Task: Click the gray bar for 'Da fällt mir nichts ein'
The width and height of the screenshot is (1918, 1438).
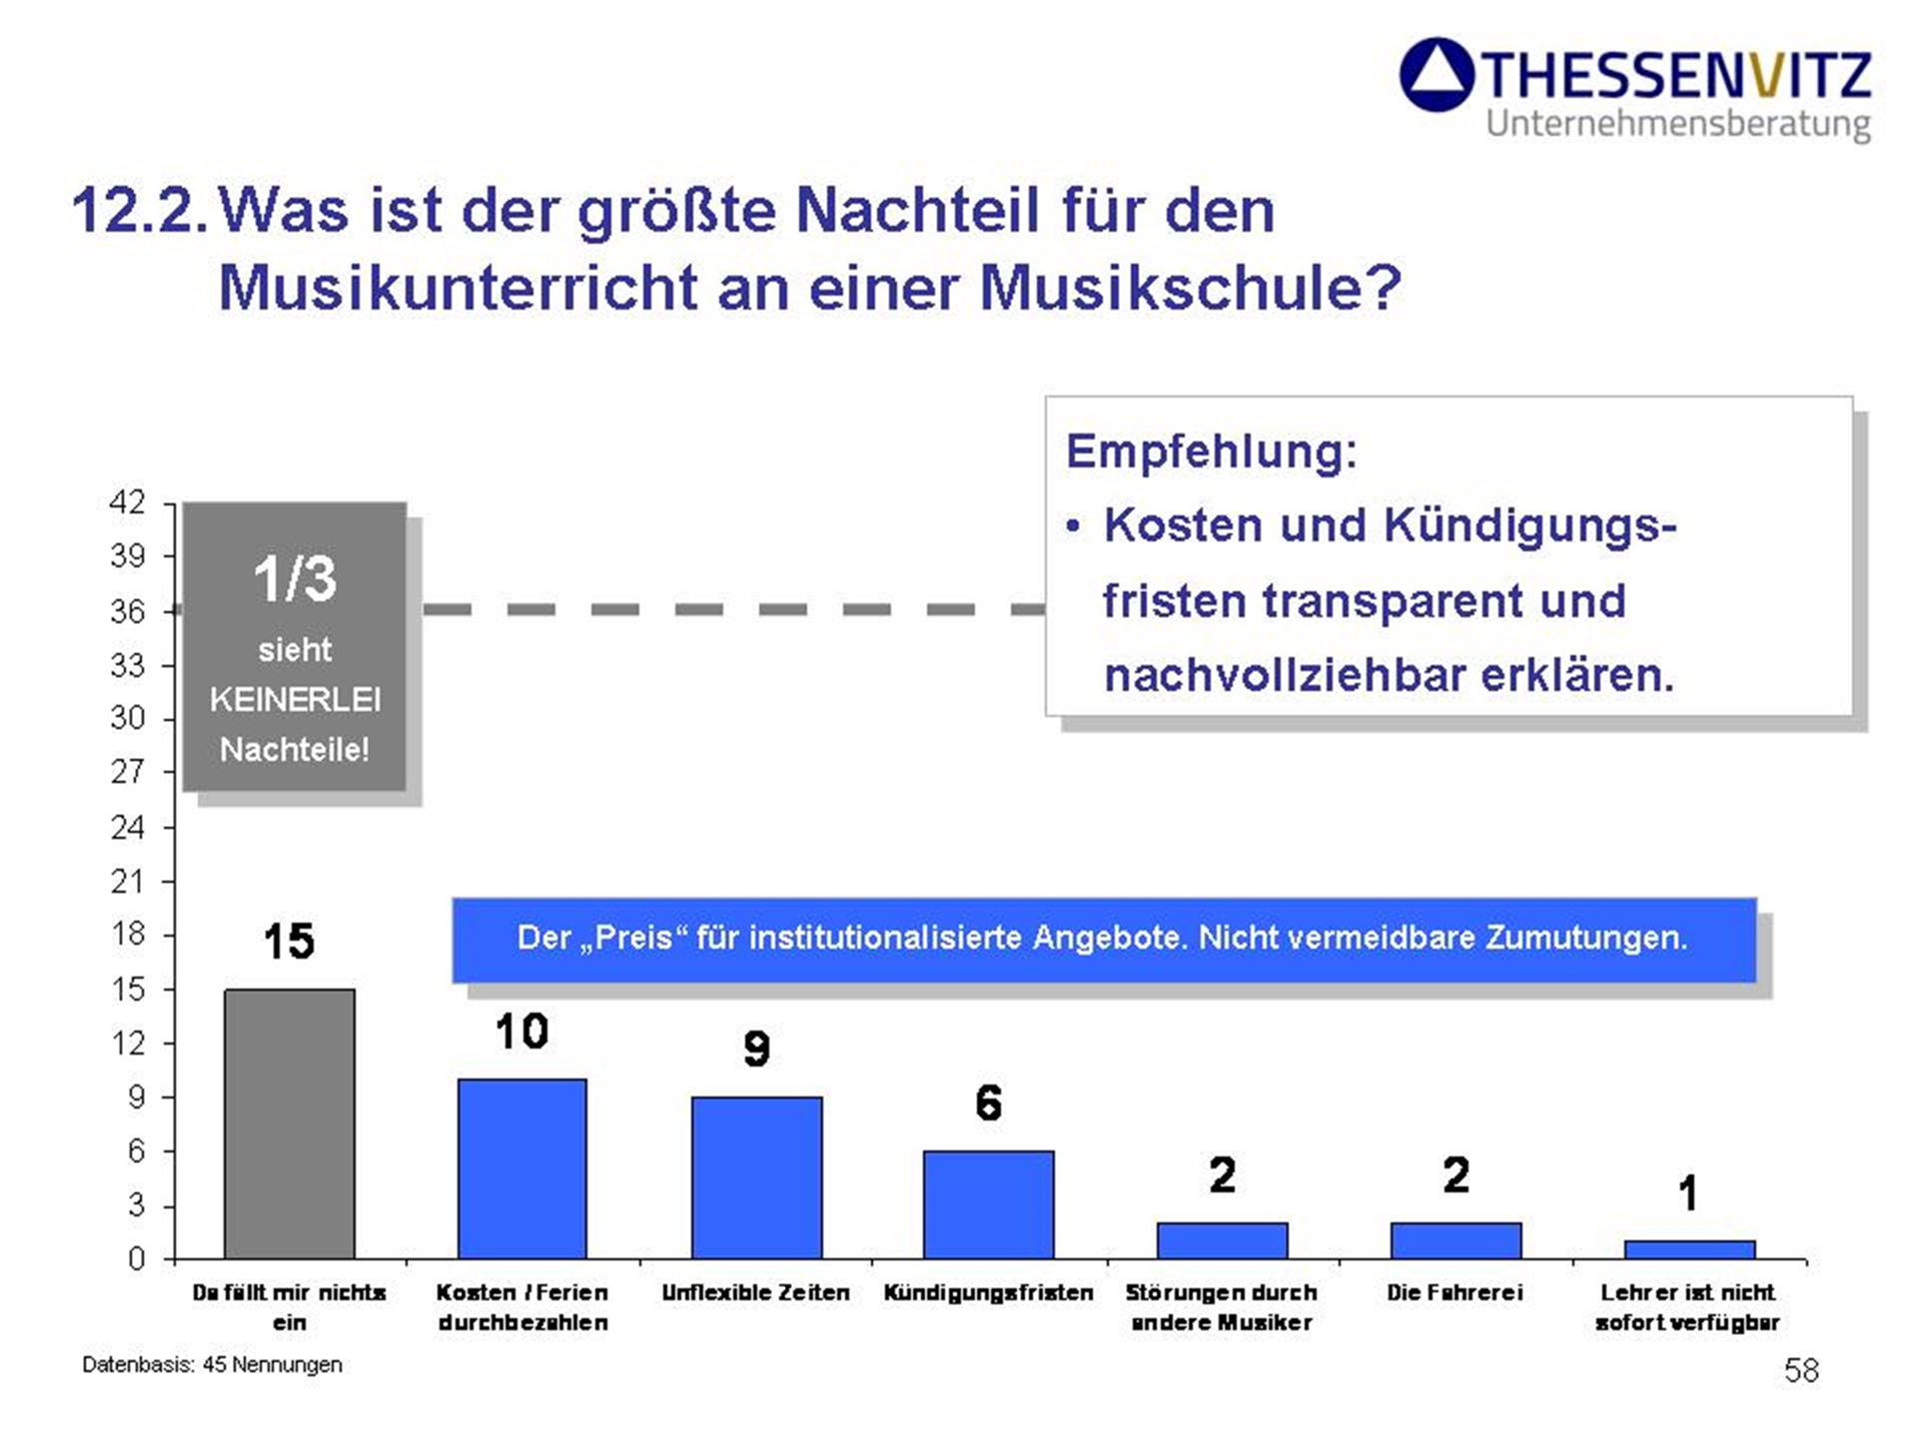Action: click(x=290, y=1123)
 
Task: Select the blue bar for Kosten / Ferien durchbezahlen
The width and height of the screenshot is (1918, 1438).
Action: click(x=521, y=1168)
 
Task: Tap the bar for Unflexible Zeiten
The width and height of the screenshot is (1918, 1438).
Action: click(x=756, y=1177)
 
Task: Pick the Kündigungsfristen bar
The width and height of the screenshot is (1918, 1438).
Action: click(x=988, y=1204)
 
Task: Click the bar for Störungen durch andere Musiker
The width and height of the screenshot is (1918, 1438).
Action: click(x=1222, y=1240)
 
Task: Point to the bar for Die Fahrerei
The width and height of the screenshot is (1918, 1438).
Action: click(x=1455, y=1240)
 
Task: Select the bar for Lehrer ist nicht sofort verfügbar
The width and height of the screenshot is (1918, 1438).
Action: click(x=1689, y=1249)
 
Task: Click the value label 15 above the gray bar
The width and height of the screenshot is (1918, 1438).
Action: click(x=289, y=941)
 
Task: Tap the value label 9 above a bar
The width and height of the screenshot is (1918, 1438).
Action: click(x=756, y=1049)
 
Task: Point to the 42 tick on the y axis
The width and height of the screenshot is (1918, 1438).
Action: click(x=128, y=502)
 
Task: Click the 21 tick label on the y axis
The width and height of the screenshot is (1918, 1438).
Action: click(x=128, y=881)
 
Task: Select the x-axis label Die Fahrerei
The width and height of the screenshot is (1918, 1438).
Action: click(x=1454, y=1292)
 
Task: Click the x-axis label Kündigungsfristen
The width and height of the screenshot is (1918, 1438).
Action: click(x=988, y=1292)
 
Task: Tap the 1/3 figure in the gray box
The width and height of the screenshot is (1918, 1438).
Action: click(x=295, y=578)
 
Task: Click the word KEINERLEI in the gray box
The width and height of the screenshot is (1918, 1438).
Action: click(x=295, y=699)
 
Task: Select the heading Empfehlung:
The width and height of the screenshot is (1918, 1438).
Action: click(x=1212, y=450)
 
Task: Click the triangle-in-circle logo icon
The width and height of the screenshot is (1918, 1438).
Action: click(x=1437, y=75)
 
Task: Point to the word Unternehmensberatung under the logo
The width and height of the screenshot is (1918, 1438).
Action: click(x=1678, y=124)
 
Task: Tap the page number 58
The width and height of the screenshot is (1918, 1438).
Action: click(x=1801, y=1370)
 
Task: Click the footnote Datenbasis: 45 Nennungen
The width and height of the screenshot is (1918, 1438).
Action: click(x=212, y=1364)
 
